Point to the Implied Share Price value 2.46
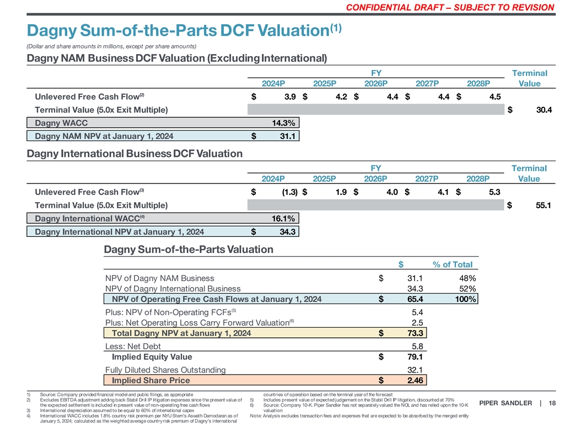click(x=414, y=381)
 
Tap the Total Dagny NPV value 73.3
click(x=414, y=333)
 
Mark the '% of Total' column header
click(x=453, y=265)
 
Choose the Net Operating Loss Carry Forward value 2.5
click(x=417, y=322)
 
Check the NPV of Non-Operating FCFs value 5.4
click(x=417, y=312)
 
